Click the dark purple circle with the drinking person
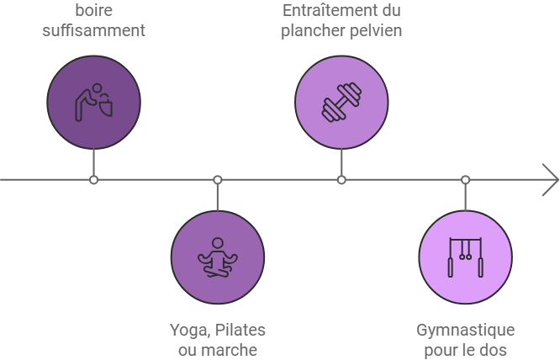coord(93,103)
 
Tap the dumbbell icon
coord(341,103)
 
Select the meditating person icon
coord(218,257)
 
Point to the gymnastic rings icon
coord(465,257)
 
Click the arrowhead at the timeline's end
coord(551,179)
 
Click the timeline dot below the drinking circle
coord(94,180)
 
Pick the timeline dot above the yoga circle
coord(218,180)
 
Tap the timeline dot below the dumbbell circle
coord(341,180)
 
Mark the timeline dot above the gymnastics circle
coord(465,180)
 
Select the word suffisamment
coord(93,31)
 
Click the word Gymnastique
coord(465,329)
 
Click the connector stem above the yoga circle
coord(218,197)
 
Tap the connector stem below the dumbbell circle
coord(341,162)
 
